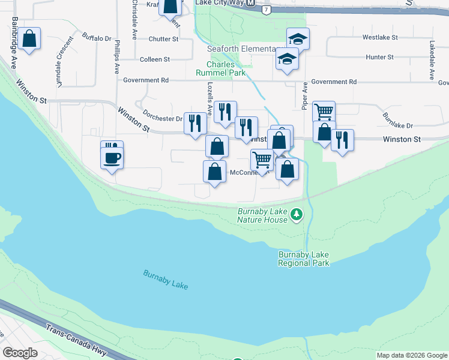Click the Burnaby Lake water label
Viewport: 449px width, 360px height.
point(166,280)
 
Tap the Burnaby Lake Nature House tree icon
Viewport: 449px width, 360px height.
point(296,214)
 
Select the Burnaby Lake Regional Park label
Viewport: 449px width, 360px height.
point(304,259)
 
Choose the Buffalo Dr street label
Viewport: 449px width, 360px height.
point(97,38)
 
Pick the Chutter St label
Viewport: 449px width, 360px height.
point(164,39)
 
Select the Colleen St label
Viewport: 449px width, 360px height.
point(155,59)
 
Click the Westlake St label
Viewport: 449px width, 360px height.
point(380,37)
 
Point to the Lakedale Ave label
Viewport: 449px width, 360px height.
point(432,60)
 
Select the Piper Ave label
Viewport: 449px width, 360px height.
point(305,95)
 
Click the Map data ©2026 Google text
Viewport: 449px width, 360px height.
point(412,355)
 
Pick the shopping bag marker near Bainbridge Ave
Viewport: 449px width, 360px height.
point(29,40)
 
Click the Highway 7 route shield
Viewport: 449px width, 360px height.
point(266,10)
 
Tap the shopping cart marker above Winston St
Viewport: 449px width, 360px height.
point(324,111)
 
